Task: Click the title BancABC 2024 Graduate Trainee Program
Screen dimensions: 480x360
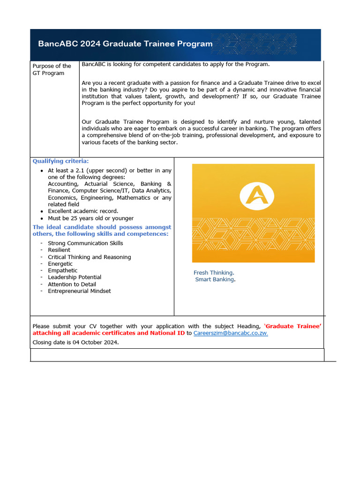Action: pyautogui.click(x=125, y=44)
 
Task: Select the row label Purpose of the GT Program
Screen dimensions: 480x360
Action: pyautogui.click(x=52, y=69)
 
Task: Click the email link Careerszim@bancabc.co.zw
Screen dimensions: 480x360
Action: pyautogui.click(x=231, y=333)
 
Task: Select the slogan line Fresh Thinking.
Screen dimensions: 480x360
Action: pyautogui.click(x=214, y=272)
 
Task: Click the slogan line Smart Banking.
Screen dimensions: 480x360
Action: pyautogui.click(x=215, y=279)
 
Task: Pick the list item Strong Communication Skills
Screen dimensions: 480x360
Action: pyautogui.click(x=85, y=243)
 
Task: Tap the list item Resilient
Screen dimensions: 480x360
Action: pyautogui.click(x=59, y=250)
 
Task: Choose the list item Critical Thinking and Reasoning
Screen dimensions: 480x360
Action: pyautogui.click(x=89, y=257)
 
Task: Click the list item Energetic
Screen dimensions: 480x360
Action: pyautogui.click(x=60, y=264)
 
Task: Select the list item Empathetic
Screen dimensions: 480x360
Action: pyautogui.click(x=63, y=270)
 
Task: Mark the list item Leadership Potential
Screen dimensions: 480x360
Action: pyautogui.click(x=74, y=277)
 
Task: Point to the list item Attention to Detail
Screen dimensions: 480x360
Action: pyautogui.click(x=72, y=284)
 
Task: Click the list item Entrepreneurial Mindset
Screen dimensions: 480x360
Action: pyautogui.click(x=79, y=291)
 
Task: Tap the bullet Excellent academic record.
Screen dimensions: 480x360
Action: pyautogui.click(x=83, y=211)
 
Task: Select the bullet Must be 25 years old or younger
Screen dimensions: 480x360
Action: pyautogui.click(x=90, y=218)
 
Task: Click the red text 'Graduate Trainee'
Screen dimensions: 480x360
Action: pyautogui.click(x=293, y=326)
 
